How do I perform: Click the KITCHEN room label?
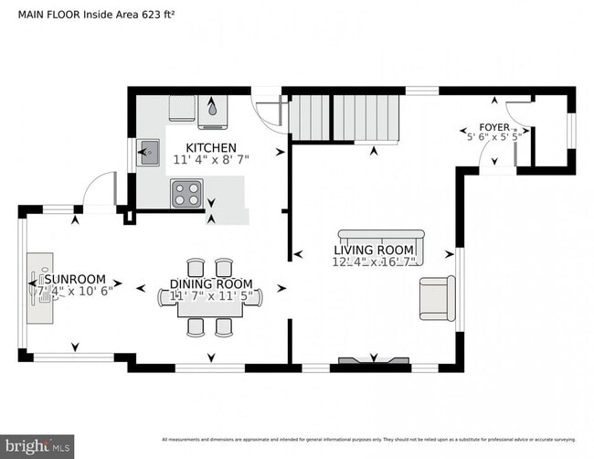[x=211, y=147]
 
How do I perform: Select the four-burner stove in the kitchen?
[x=187, y=193]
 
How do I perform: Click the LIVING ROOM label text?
[x=375, y=250]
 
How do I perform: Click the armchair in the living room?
[x=436, y=298]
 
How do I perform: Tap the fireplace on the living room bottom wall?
[x=370, y=362]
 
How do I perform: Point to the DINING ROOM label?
[x=211, y=284]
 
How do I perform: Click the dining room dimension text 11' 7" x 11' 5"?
[x=211, y=296]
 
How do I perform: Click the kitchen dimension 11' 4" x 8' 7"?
[x=211, y=159]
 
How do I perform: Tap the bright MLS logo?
[x=37, y=447]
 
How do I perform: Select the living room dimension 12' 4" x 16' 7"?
[x=375, y=262]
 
